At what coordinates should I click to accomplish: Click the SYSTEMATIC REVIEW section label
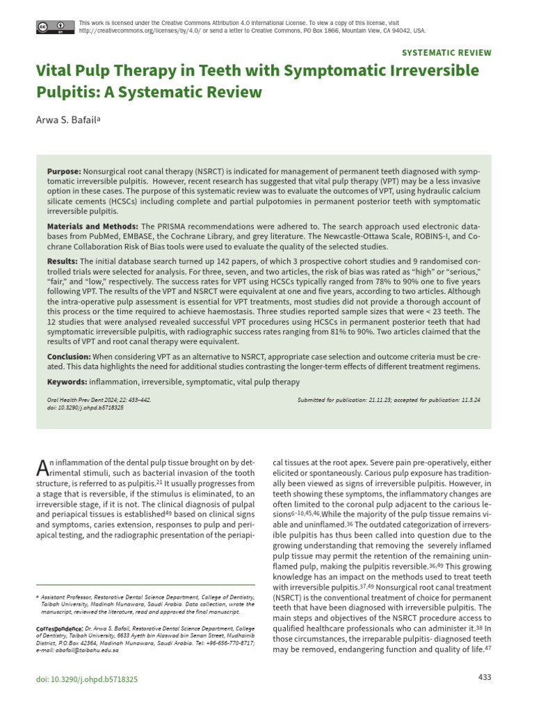coord(447,53)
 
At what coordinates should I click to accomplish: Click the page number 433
coord(485,678)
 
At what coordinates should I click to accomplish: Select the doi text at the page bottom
coord(86,679)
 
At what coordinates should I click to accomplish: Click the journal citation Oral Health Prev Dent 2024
coord(99,400)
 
